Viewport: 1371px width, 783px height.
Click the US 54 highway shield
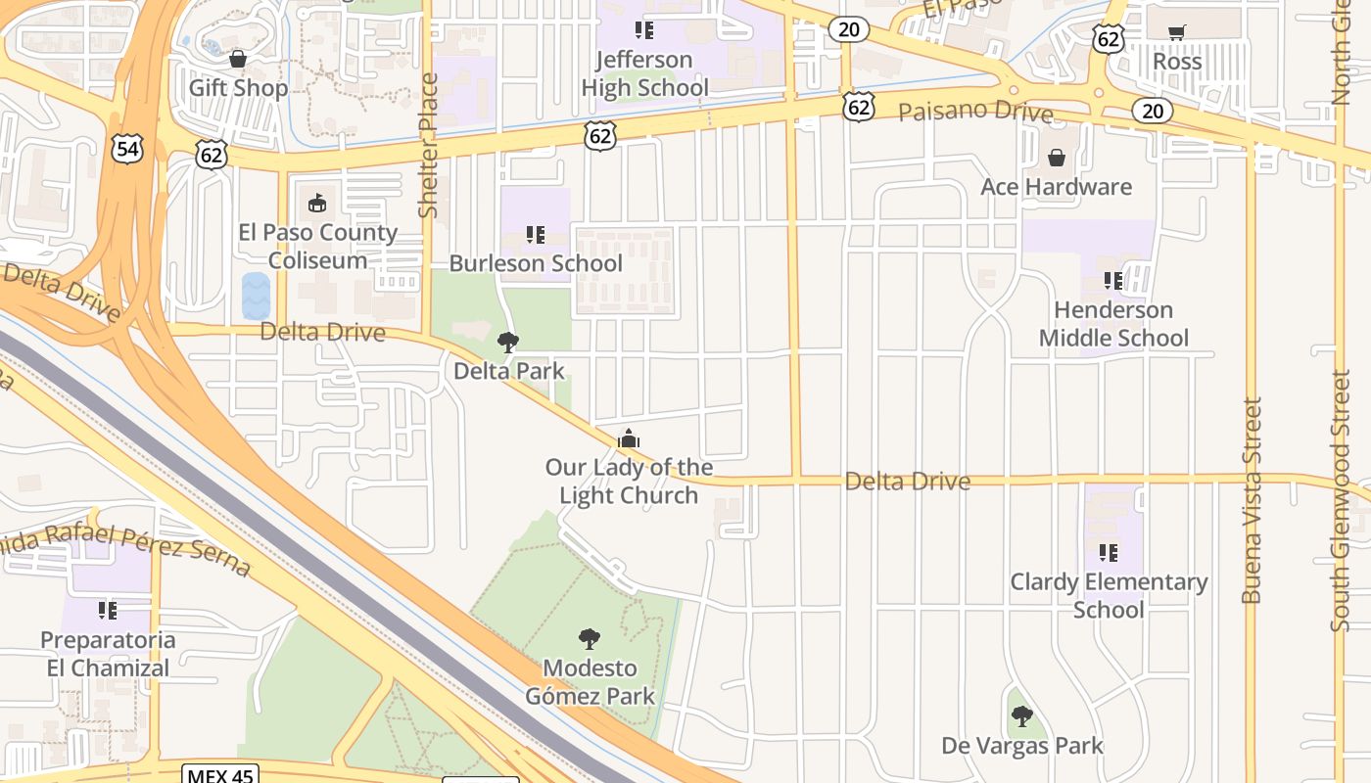pos(126,149)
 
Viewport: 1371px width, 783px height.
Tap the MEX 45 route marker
pos(220,775)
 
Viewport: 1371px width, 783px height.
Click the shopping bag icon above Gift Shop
pos(237,60)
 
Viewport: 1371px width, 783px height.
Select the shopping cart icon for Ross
pos(1176,32)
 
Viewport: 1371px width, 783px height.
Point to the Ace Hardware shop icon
pos(1057,158)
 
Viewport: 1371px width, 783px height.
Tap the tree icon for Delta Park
pos(508,342)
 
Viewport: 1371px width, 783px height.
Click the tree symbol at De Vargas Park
pos(1022,716)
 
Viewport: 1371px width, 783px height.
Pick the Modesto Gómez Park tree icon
pos(590,639)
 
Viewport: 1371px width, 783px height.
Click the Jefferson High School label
pos(644,73)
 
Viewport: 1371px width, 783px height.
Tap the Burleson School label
pos(535,263)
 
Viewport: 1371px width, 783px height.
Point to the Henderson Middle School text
pos(1113,324)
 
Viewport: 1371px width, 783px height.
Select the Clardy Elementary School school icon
pos(1109,553)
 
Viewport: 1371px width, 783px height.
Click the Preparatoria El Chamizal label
pos(108,654)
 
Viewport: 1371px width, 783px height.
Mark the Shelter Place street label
pos(428,145)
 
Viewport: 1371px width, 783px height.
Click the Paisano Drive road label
pos(975,111)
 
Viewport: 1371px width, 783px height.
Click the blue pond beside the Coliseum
pos(256,296)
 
